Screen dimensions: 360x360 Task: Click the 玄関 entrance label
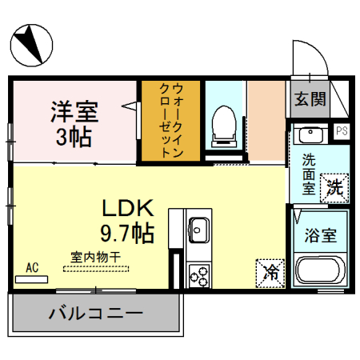point(309,98)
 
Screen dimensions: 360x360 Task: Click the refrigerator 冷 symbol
point(271,272)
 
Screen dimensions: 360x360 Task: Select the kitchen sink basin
point(198,230)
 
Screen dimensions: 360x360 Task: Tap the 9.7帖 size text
point(126,234)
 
